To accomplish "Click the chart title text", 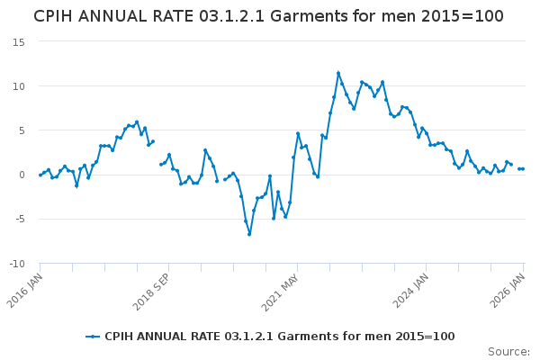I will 268,16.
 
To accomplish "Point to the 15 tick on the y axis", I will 18,41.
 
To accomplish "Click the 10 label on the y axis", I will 18,85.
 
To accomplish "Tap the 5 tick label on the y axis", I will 21,130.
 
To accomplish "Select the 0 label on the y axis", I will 21,175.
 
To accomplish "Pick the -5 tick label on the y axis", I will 19,219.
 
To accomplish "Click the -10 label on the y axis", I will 16,263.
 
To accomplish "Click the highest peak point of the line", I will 338,73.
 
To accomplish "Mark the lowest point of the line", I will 249,234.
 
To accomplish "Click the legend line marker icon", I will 93,337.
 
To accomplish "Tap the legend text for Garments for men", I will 279,337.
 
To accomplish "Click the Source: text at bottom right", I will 508,351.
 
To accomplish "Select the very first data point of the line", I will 40,175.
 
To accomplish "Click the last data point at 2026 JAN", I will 523,169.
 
